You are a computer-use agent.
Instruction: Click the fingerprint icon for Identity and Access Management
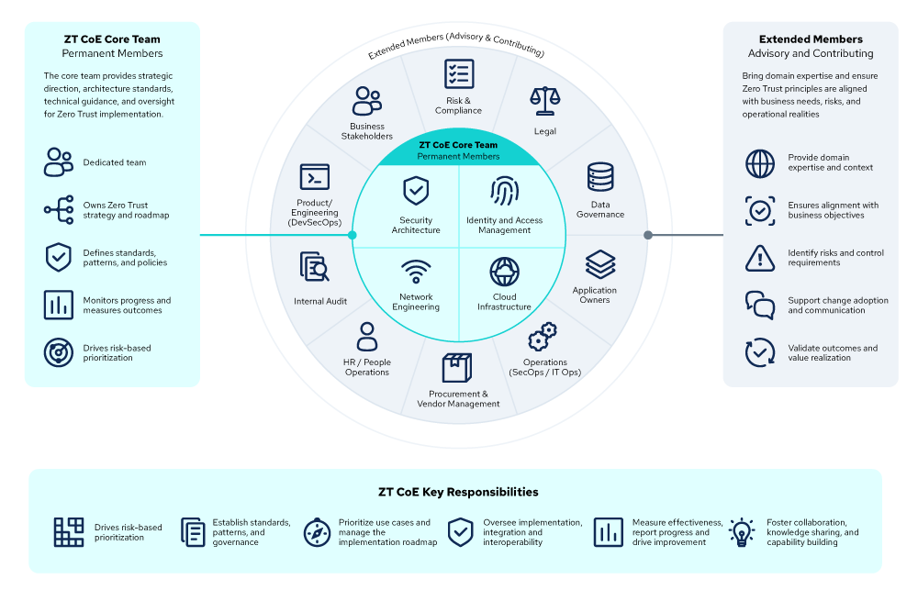coord(504,192)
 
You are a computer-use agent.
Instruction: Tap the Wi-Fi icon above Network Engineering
coord(416,272)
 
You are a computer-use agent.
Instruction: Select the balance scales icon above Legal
coord(545,101)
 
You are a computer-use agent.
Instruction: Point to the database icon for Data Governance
coord(600,177)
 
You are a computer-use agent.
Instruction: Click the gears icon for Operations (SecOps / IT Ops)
coord(543,337)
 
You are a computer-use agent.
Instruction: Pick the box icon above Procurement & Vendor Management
coord(457,368)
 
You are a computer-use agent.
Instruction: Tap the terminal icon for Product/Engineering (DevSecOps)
coord(315,177)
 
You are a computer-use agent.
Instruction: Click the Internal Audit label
coord(320,302)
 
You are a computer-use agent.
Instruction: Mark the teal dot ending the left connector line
coord(352,235)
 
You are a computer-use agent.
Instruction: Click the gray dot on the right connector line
coord(647,235)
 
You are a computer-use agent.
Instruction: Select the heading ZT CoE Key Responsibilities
coord(458,492)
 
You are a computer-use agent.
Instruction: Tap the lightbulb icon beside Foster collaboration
coord(742,532)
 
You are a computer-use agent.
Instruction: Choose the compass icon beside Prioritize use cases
coord(318,532)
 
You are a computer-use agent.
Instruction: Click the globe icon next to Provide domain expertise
coord(760,163)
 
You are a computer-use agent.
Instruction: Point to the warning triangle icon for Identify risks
coord(760,258)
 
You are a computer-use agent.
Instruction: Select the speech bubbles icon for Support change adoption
coord(760,305)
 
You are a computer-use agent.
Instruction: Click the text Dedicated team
coord(115,162)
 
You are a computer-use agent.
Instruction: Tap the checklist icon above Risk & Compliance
coord(459,73)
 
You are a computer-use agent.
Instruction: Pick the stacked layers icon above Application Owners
coord(600,264)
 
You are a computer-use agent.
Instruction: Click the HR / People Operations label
coord(367,367)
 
